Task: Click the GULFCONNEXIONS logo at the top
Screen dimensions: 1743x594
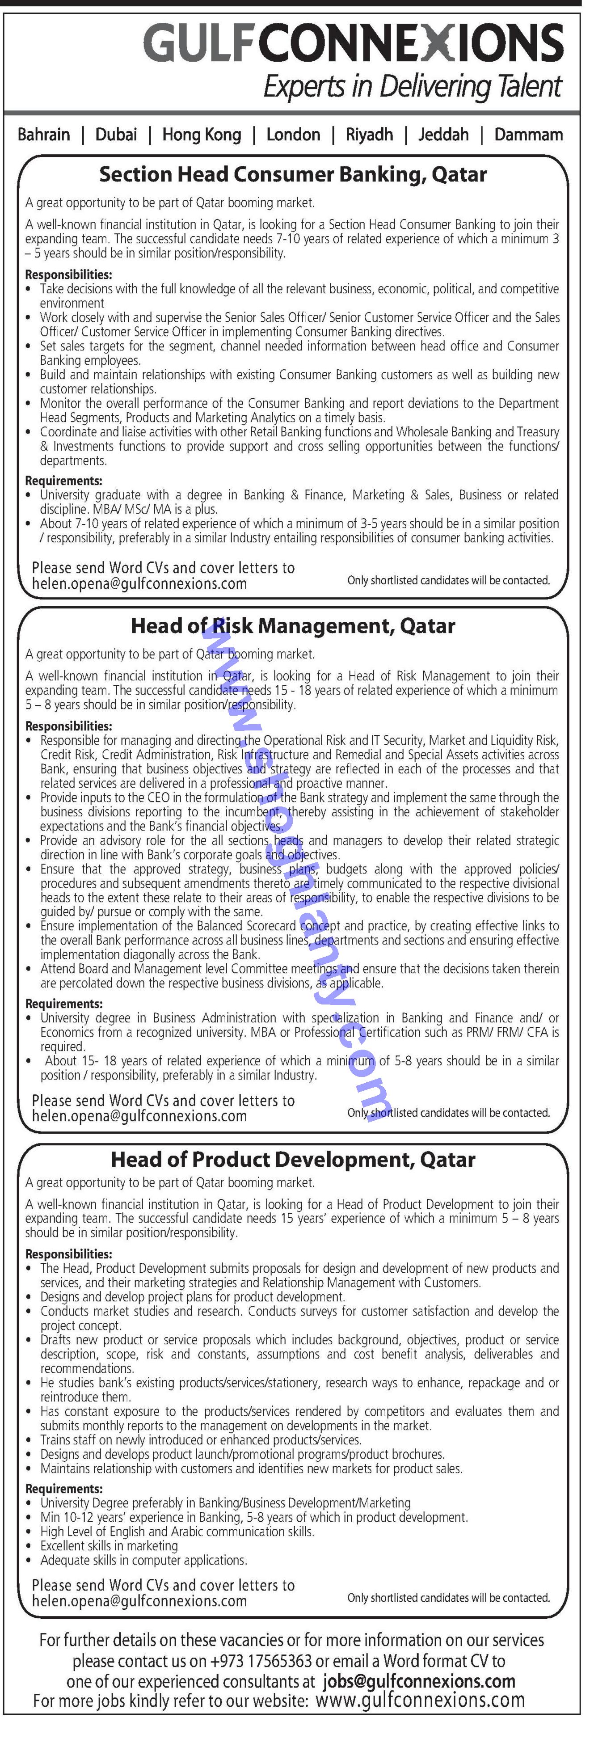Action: (353, 42)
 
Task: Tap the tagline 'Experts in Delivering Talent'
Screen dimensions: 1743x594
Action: (412, 87)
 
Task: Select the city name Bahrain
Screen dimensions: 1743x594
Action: (44, 135)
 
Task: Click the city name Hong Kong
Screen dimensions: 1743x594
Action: (202, 135)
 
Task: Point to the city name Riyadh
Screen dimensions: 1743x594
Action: (369, 135)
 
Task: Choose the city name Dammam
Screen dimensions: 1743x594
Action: (528, 135)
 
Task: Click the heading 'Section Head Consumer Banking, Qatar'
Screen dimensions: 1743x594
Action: (293, 175)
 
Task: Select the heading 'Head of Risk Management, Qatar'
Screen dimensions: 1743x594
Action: (293, 626)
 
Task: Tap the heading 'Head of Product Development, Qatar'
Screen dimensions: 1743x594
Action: (293, 1160)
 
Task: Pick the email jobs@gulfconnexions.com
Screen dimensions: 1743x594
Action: (419, 1681)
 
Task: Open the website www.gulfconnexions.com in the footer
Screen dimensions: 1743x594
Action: (419, 1701)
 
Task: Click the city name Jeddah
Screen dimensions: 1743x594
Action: (443, 135)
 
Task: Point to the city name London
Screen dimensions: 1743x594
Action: (293, 135)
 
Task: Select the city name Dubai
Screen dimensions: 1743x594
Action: (116, 135)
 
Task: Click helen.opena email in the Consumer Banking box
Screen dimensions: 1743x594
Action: (139, 584)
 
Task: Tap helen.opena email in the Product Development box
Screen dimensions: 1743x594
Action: (139, 1601)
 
